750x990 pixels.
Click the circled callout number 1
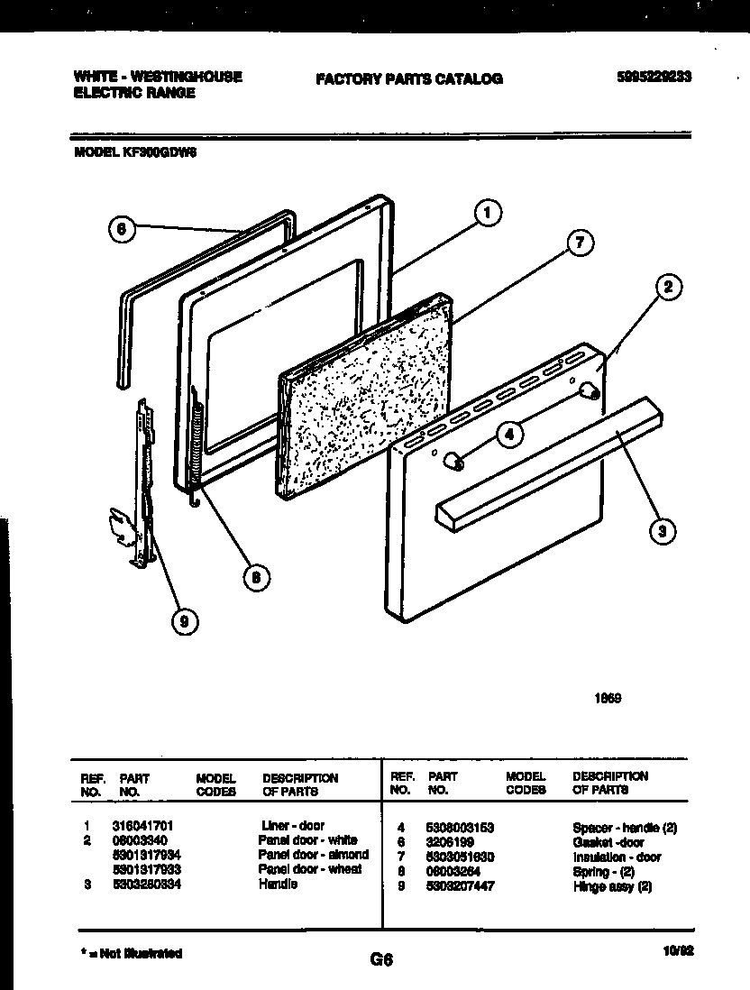click(486, 214)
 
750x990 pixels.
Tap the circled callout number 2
click(667, 289)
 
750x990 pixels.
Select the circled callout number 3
click(663, 531)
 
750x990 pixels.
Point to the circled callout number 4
click(509, 434)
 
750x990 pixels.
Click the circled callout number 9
click(186, 621)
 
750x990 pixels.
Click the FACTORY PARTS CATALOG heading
click(409, 79)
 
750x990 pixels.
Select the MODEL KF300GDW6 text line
click(134, 153)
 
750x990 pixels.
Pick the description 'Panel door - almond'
click(313, 855)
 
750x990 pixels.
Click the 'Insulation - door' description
click(617, 857)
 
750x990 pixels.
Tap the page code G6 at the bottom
click(382, 960)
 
